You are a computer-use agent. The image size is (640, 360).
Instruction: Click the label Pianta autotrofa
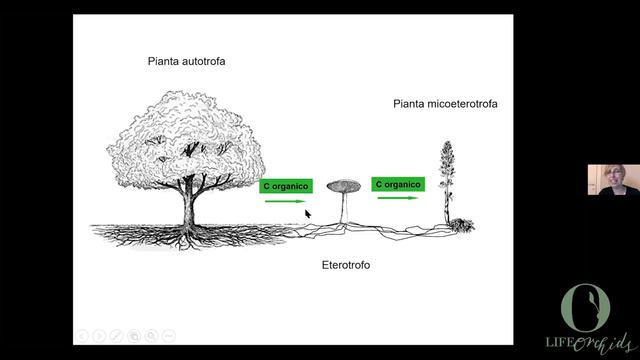(x=187, y=62)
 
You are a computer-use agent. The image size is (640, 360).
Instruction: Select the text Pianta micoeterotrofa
(x=445, y=103)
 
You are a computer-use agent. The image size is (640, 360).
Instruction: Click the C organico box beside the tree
(x=287, y=186)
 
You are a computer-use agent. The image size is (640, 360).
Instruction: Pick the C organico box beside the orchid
(x=398, y=184)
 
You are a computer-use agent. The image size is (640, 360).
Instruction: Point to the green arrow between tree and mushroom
(x=286, y=201)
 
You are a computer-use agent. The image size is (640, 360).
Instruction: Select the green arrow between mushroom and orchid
(x=398, y=198)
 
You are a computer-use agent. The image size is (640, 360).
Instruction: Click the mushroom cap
(x=346, y=185)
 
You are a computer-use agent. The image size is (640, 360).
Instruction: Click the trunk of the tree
(x=186, y=205)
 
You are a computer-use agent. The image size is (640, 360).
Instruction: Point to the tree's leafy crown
(x=185, y=140)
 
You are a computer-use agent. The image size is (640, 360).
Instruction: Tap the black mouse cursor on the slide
(x=308, y=213)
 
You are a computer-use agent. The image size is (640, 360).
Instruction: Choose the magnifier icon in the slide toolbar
(x=152, y=335)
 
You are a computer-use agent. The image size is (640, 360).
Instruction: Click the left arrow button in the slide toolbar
(x=83, y=335)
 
